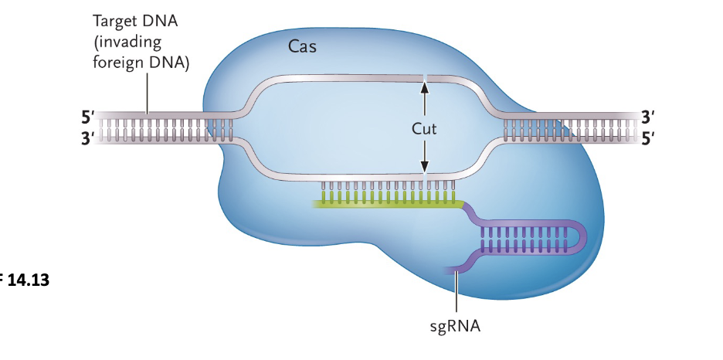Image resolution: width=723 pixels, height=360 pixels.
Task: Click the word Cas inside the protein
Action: point(302,47)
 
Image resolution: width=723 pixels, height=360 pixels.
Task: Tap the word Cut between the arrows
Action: point(424,128)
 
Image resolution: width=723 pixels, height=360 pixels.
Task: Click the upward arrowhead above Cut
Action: point(424,87)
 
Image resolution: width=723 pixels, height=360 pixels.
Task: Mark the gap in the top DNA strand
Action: point(424,77)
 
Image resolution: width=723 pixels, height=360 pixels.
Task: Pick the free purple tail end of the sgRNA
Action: point(449,270)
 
